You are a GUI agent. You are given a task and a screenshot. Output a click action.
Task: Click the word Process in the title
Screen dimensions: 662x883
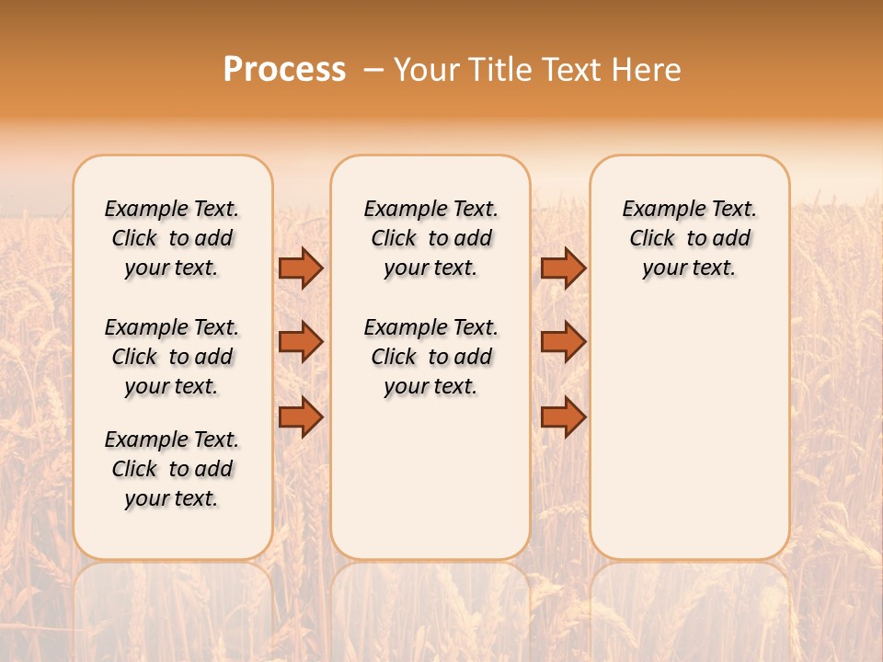pyautogui.click(x=284, y=70)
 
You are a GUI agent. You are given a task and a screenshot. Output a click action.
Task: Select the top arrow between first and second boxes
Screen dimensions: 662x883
pyautogui.click(x=301, y=268)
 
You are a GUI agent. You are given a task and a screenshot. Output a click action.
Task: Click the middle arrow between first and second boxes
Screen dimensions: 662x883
pyautogui.click(x=301, y=342)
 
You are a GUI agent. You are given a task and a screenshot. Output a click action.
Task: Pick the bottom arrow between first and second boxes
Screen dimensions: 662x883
pyautogui.click(x=301, y=417)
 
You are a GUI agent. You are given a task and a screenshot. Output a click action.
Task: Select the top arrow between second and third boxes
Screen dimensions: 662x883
pyautogui.click(x=563, y=268)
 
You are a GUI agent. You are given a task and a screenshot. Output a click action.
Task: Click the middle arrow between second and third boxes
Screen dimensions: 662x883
pyautogui.click(x=563, y=342)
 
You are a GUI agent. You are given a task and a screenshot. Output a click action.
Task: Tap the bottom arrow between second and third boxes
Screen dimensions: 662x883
pyautogui.click(x=563, y=417)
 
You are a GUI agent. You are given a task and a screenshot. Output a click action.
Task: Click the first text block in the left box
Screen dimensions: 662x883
pyautogui.click(x=172, y=238)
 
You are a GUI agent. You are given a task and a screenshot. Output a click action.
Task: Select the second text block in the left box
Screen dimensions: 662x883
pyautogui.click(x=172, y=357)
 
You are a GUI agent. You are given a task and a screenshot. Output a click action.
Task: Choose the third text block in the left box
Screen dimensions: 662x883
pyautogui.click(x=172, y=469)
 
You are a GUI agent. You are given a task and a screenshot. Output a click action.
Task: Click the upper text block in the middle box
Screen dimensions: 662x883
pyautogui.click(x=430, y=238)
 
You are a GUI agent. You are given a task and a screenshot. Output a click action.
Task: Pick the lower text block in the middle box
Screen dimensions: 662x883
pyautogui.click(x=430, y=357)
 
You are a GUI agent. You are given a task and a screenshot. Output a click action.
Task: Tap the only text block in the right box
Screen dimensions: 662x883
pyautogui.click(x=689, y=238)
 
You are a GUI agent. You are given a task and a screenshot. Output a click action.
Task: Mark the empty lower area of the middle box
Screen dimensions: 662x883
pyautogui.click(x=430, y=478)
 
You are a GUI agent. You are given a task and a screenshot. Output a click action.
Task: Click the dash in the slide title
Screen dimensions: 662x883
pyautogui.click(x=373, y=70)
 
